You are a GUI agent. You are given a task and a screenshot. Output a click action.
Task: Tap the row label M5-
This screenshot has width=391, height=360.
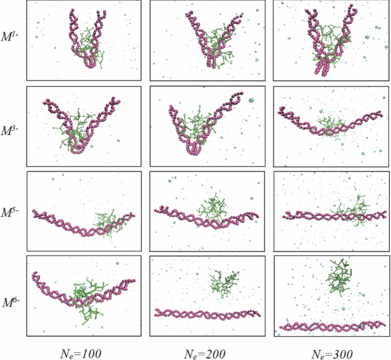click(12, 213)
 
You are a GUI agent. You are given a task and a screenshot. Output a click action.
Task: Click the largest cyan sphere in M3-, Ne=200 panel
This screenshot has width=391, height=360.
click(251, 100)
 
